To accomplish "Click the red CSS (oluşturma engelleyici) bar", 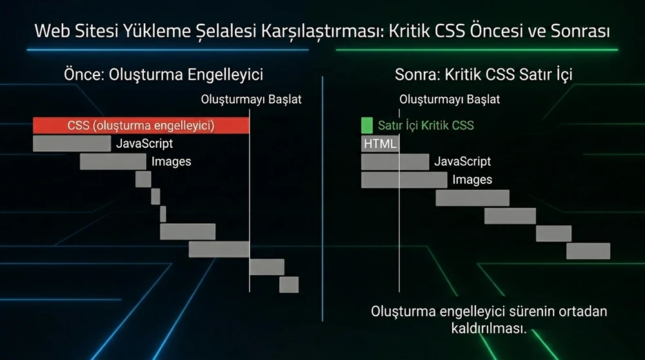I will (x=141, y=126).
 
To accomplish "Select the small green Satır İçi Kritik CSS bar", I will (x=367, y=125).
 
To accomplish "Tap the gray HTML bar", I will (x=380, y=144).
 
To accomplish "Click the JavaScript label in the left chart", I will (x=144, y=143).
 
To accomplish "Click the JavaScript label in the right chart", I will (x=462, y=161).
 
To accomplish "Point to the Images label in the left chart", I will (x=171, y=161).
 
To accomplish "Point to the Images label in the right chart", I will (x=472, y=179).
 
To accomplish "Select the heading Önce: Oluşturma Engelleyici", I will (x=163, y=74).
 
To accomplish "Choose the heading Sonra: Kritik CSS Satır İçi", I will (x=484, y=74).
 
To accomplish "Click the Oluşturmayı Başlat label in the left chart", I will (x=252, y=100).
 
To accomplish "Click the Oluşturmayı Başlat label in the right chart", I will (x=450, y=100).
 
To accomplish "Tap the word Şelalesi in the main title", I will (x=226, y=31).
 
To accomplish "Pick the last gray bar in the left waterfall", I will (x=289, y=285).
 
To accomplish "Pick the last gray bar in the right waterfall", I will (x=588, y=251).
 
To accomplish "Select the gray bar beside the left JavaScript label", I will (x=72, y=143).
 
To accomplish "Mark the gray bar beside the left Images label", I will (x=113, y=161).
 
